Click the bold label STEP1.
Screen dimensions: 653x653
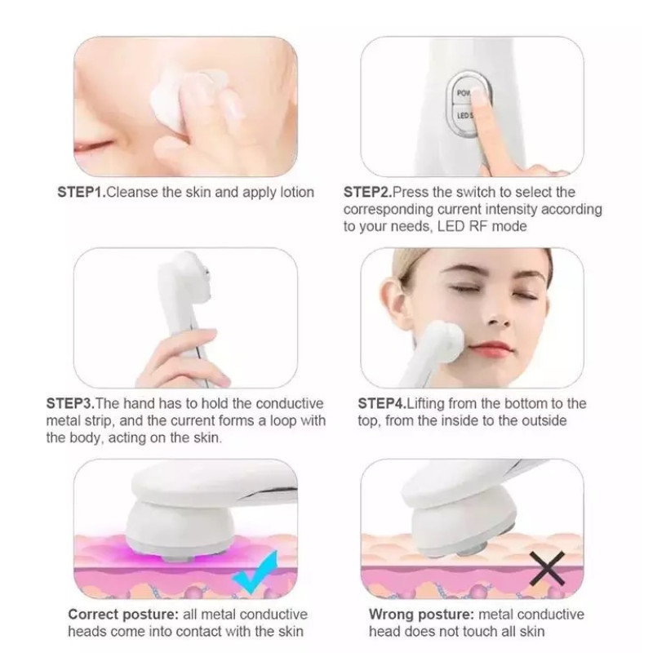(x=82, y=193)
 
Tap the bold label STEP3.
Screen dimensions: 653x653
(x=70, y=403)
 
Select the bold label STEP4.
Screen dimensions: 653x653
(x=382, y=403)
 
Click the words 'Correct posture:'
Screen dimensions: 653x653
(x=123, y=615)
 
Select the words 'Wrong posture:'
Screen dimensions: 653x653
(x=421, y=615)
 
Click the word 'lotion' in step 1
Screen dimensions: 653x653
(x=297, y=193)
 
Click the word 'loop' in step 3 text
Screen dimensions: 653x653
(x=282, y=420)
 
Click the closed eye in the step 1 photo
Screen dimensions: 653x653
(x=93, y=146)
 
